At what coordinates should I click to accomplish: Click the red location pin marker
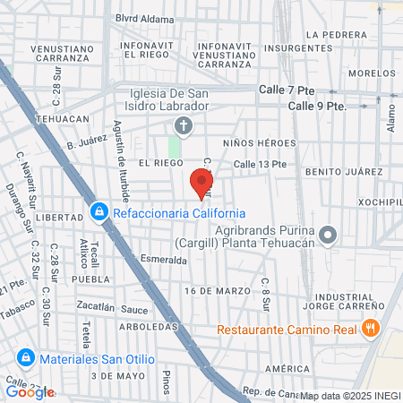[199, 184]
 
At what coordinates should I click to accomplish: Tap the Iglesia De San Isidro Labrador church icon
[183, 126]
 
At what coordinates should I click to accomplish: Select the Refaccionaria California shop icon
[98, 213]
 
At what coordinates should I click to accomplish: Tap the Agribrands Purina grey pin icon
[328, 236]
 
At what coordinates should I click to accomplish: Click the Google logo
[30, 391]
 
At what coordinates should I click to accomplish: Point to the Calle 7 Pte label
[288, 90]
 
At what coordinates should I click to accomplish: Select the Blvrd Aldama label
[144, 18]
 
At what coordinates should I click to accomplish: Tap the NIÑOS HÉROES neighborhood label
[260, 143]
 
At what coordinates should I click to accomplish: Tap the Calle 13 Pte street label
[260, 164]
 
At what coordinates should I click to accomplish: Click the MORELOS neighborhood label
[372, 73]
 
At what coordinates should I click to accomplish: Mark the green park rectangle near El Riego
[174, 146]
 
